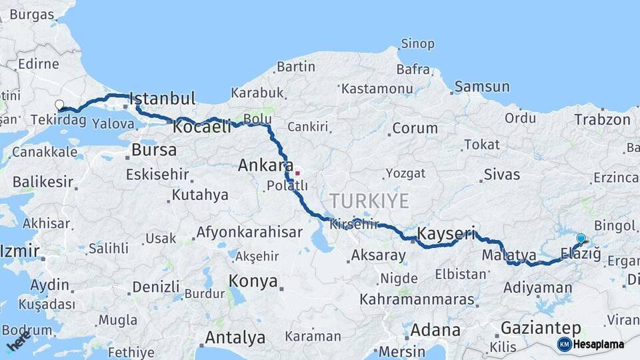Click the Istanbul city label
coord(162,99)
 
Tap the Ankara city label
coord(266,165)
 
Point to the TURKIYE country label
coord(369,200)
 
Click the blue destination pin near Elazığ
coord(581,239)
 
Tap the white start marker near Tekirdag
coord(59,105)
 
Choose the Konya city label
coord(253,281)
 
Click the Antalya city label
coord(235,337)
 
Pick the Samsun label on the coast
coord(482,87)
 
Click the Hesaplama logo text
coord(599,344)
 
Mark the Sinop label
coord(417,44)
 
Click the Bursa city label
coord(154,150)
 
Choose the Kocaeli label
coord(202,127)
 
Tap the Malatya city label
coord(509,255)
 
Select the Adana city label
coord(435,330)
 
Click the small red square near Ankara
coord(297,173)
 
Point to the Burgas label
coord(31,14)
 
